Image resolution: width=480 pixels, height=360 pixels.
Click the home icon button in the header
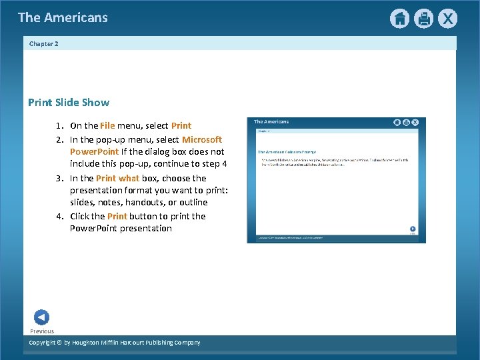(399, 19)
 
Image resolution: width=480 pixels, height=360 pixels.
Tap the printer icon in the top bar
(423, 19)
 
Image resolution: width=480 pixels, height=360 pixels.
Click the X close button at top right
(447, 19)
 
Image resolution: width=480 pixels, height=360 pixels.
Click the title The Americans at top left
(63, 18)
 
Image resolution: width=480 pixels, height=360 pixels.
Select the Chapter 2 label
(44, 44)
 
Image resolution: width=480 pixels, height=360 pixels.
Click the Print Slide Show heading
(69, 103)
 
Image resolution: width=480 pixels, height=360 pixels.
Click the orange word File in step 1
(107, 125)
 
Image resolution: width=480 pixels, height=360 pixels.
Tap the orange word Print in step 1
(181, 125)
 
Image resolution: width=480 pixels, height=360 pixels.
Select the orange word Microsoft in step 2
(202, 139)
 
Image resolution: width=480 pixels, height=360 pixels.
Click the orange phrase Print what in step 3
(117, 178)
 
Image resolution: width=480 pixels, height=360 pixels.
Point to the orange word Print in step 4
(117, 216)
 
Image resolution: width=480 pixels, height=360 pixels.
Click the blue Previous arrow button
(41, 317)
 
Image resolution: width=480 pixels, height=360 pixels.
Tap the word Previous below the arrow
(42, 331)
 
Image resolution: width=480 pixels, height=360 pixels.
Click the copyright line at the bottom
(115, 343)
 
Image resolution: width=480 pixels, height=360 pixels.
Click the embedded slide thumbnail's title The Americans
(272, 122)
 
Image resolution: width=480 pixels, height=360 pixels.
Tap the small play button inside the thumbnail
(413, 228)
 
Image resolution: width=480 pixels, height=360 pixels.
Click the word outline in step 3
(193, 202)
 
